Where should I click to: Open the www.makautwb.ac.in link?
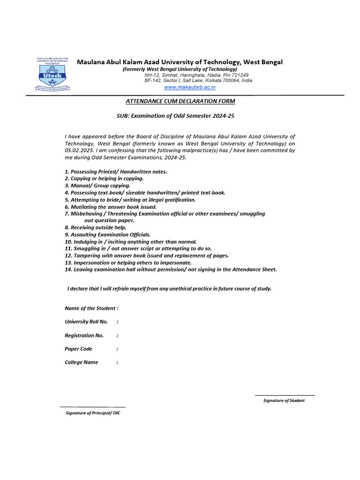point(189,87)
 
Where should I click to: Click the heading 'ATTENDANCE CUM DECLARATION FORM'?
point(180,101)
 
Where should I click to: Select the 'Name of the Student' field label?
point(91,308)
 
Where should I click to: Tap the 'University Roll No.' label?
point(86,322)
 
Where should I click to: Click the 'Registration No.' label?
point(84,335)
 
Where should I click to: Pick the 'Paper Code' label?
point(78,349)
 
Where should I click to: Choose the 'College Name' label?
point(82,362)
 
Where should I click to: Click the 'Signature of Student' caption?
point(284,400)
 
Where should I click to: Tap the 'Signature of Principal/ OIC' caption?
point(93,413)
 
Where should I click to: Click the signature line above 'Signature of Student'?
point(285,396)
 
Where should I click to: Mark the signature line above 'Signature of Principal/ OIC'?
point(92,407)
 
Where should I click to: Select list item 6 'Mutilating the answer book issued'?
point(111,207)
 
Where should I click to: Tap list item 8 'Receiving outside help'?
point(96,227)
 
